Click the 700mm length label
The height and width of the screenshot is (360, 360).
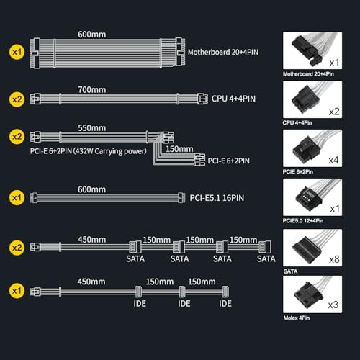coord(92,90)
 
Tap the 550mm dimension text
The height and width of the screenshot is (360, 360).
coord(92,128)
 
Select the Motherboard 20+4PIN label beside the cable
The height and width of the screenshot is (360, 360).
coord(223,52)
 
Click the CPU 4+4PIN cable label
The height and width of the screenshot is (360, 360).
coord(233,99)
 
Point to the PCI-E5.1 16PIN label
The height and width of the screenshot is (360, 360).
coord(217,198)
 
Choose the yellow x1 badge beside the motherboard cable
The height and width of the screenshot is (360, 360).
coord(17,52)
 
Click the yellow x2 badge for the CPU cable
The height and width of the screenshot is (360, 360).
coord(17,99)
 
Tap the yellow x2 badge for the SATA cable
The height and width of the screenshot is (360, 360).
coord(17,248)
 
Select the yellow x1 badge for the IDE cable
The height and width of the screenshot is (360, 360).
coord(17,291)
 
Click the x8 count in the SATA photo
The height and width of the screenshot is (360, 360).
coord(334,259)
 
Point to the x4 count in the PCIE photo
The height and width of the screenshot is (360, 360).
coord(333,160)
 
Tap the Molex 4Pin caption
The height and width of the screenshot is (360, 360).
coord(297,318)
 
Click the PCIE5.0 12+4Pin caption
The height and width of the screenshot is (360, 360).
coord(303,221)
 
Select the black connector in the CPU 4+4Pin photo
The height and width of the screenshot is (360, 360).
coord(304,99)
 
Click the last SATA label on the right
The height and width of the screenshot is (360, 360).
coord(266,258)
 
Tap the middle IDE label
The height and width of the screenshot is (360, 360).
coord(184,304)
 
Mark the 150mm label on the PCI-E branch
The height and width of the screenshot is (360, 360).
coord(179,149)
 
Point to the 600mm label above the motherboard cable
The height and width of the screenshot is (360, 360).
coord(92,35)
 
